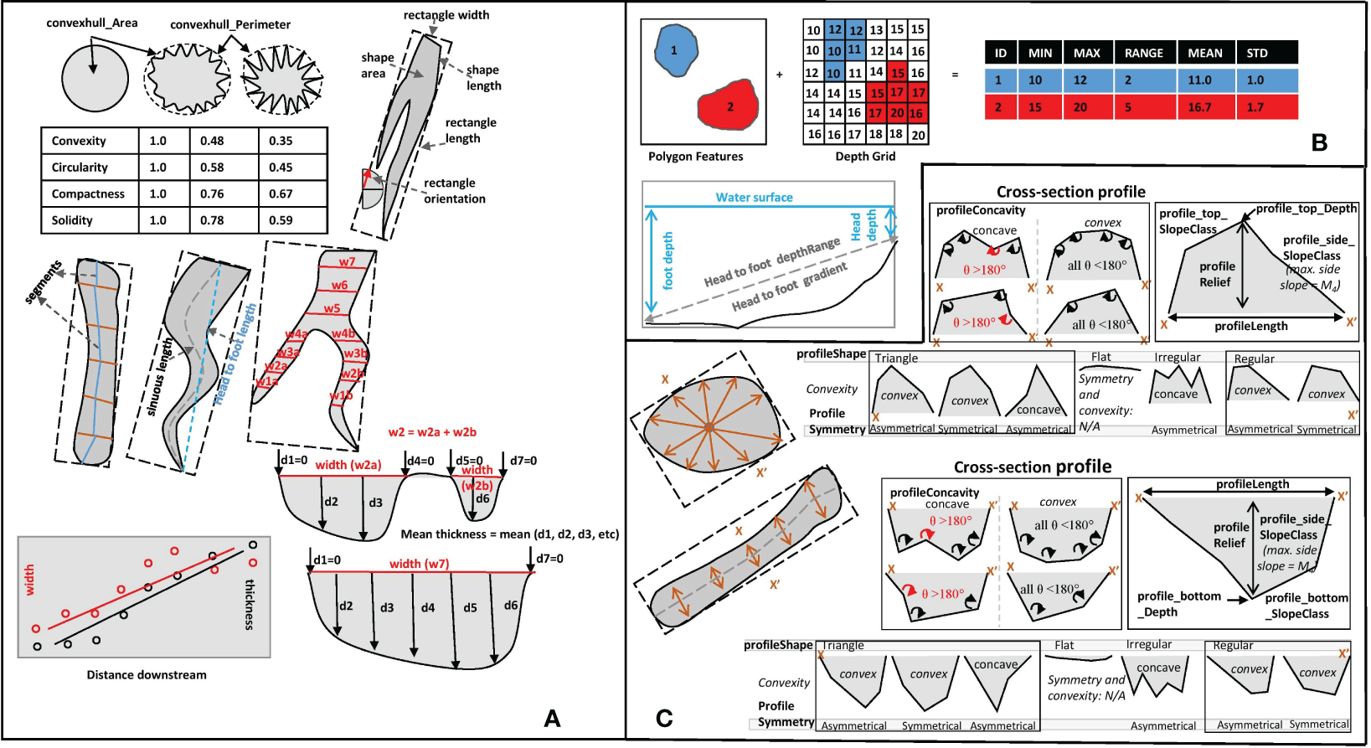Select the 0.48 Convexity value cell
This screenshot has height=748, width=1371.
pos(212,141)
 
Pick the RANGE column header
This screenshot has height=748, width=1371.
pos(1143,53)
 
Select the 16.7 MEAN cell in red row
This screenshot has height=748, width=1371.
pos(1199,107)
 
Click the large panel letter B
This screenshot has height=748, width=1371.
pos(1319,142)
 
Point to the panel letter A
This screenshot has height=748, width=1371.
pos(552,718)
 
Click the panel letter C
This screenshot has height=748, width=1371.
pos(664,718)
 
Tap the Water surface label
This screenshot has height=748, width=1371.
pos(754,198)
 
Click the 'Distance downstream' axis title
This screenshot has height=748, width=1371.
pos(147,674)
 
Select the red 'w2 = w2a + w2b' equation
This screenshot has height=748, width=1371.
pos(432,432)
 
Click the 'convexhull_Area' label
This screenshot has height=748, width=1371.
pos(92,23)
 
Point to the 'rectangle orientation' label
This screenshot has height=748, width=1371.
pos(453,191)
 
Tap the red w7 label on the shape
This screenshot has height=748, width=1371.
pos(347,262)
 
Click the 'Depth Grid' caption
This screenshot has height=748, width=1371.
pos(865,156)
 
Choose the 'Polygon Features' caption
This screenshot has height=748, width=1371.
pos(695,156)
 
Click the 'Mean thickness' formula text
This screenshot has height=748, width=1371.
pos(509,534)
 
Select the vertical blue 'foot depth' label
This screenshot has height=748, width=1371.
pos(667,261)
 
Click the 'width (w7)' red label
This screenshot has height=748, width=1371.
pos(419,564)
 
